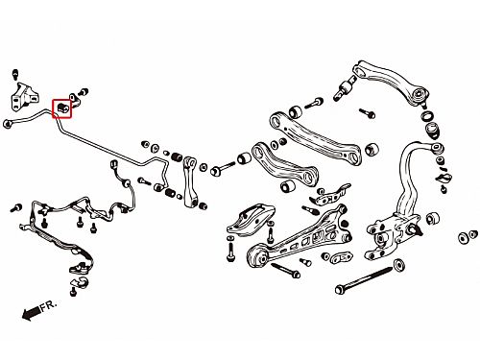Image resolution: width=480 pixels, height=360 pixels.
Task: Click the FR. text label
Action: click(x=49, y=305)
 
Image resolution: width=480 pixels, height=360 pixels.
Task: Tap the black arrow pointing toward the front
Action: click(x=32, y=313)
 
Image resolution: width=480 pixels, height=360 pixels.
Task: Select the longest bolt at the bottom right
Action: click(x=364, y=279)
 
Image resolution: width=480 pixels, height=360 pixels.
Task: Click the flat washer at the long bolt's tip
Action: click(x=399, y=265)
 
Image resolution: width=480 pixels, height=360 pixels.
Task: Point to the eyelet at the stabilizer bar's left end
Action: click(x=8, y=124)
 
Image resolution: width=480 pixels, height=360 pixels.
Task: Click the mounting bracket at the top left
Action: click(x=25, y=97)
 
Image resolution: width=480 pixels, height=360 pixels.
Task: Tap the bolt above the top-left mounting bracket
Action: click(x=15, y=74)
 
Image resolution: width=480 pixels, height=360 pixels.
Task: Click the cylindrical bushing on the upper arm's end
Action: click(x=345, y=88)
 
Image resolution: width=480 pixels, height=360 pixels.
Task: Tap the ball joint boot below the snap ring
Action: click(x=434, y=130)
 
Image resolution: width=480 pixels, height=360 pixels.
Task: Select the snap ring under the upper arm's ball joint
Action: click(x=427, y=115)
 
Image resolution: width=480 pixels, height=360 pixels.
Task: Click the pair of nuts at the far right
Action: click(x=468, y=237)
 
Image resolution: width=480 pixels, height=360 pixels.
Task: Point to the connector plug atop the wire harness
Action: click(x=114, y=165)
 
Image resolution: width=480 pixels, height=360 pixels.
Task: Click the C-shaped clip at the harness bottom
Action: click(x=83, y=282)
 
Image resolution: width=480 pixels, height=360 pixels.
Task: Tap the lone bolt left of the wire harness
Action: click(x=15, y=208)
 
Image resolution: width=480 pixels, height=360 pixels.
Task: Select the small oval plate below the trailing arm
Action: click(x=342, y=257)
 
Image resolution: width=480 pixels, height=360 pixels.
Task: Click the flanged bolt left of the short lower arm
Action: click(x=223, y=169)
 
